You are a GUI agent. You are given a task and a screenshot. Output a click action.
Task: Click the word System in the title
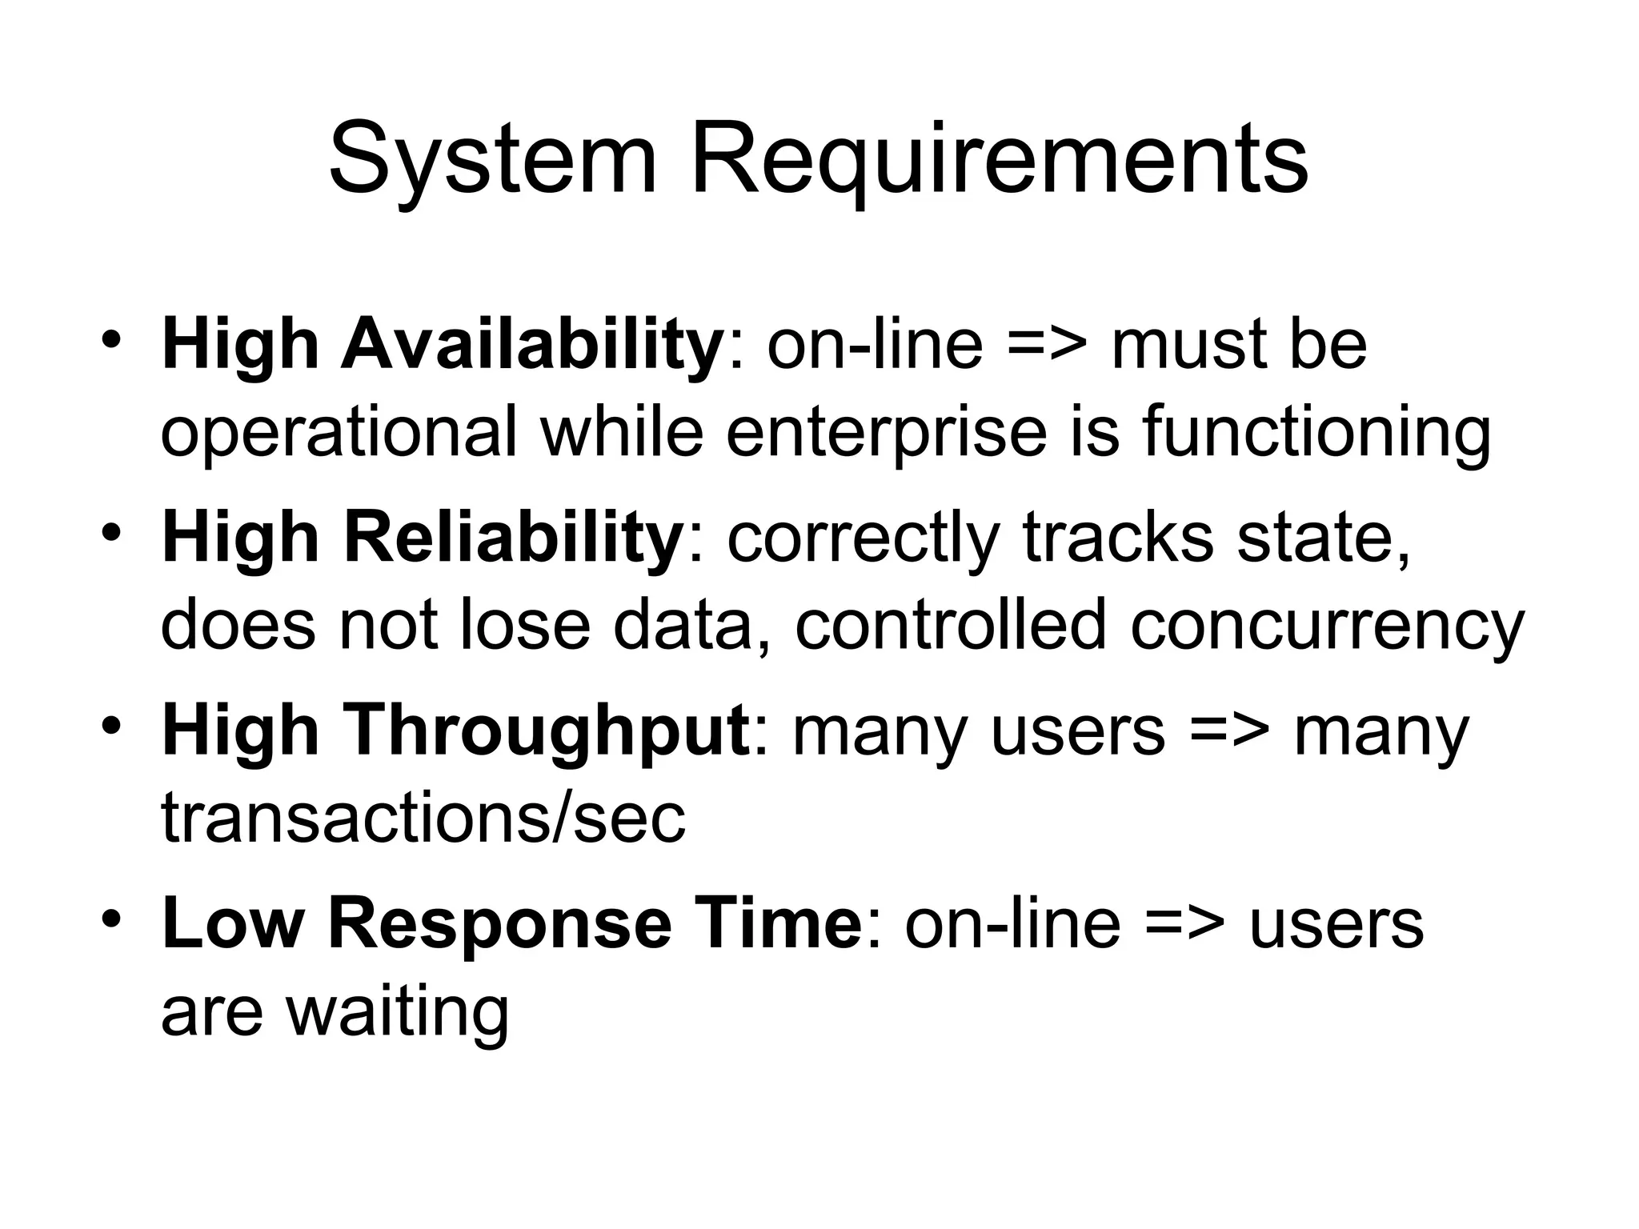[x=492, y=160]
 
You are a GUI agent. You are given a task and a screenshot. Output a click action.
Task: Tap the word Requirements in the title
[x=999, y=160]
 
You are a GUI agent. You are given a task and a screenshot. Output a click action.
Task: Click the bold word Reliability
[x=511, y=538]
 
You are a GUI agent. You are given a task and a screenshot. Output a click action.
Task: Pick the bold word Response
[x=500, y=924]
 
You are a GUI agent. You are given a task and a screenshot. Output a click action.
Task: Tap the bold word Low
[x=233, y=924]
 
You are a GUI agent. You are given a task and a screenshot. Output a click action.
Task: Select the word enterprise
[x=887, y=433]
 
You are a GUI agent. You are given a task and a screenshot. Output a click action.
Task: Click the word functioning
[x=1316, y=433]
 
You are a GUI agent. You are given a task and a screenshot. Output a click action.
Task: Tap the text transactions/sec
[x=423, y=819]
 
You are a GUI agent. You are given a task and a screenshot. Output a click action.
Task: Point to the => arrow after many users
[x=1229, y=731]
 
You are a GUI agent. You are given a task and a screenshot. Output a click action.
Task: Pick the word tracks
[x=1118, y=538]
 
